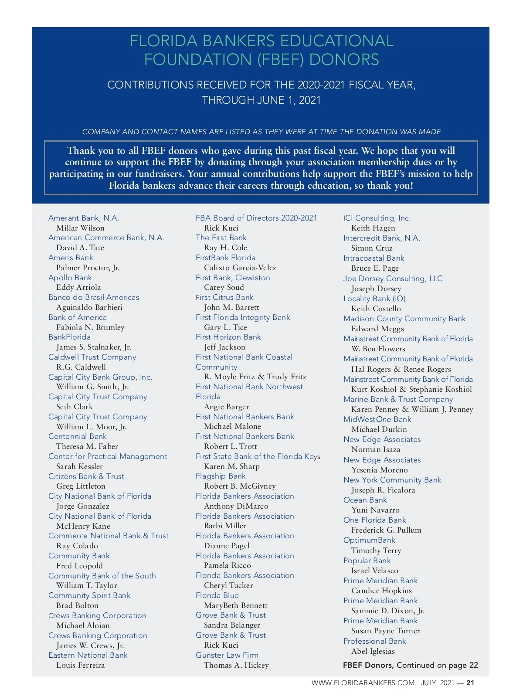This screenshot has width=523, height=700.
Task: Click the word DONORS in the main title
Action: (x=344, y=60)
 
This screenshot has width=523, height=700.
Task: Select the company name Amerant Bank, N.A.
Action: (x=84, y=218)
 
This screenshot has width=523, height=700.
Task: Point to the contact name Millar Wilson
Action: (x=80, y=228)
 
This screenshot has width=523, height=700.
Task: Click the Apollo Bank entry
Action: (x=70, y=278)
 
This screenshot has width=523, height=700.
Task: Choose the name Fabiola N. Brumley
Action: (x=90, y=327)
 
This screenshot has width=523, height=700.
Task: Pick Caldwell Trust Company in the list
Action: (x=92, y=357)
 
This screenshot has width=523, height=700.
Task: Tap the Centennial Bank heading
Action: (x=78, y=436)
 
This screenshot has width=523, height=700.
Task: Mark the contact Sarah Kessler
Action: (x=79, y=466)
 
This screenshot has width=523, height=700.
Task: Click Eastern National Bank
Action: (x=88, y=655)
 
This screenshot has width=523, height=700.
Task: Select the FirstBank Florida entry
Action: (x=226, y=258)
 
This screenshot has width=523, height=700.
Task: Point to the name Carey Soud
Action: (x=224, y=288)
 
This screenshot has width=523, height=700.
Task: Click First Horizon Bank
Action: (x=228, y=337)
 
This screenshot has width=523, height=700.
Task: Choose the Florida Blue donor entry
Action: (x=217, y=595)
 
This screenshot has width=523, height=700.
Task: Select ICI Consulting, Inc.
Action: (x=377, y=218)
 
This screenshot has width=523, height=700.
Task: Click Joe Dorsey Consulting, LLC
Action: (x=393, y=279)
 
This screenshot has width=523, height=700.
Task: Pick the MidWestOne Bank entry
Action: (x=377, y=419)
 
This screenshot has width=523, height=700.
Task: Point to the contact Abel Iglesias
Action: (x=373, y=651)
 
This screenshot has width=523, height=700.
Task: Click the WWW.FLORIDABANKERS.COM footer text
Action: (x=363, y=683)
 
